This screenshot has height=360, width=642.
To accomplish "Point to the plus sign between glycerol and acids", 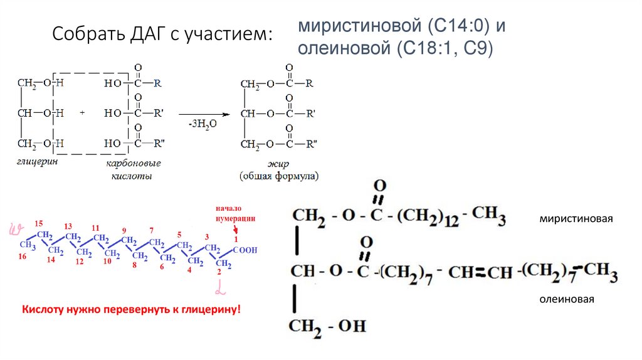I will point(82,114).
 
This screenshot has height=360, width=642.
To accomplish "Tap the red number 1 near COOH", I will point(236,239).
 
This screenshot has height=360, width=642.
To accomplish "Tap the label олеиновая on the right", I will point(567,299).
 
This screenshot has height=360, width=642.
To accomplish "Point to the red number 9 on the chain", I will point(124,230).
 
